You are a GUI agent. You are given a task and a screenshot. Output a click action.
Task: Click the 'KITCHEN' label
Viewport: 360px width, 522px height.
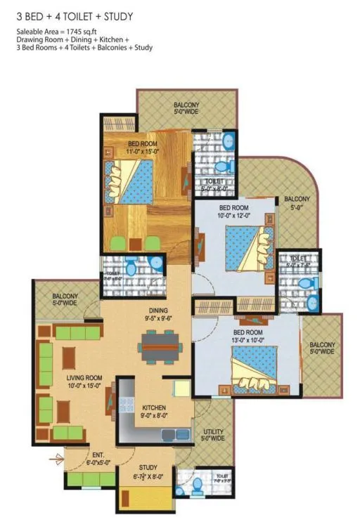(x=153, y=407)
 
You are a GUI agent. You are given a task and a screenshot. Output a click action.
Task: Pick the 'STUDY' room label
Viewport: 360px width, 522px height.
(x=148, y=467)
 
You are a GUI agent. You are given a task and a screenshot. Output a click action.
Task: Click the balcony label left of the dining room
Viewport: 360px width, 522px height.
(x=65, y=300)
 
